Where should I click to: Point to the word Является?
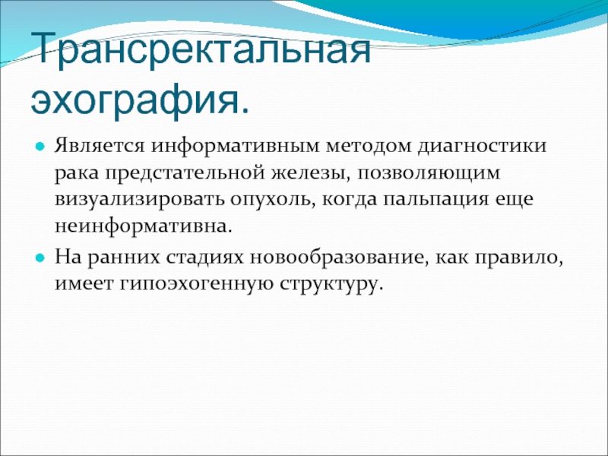pos(100,146)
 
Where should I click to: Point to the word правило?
pos(520,258)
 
